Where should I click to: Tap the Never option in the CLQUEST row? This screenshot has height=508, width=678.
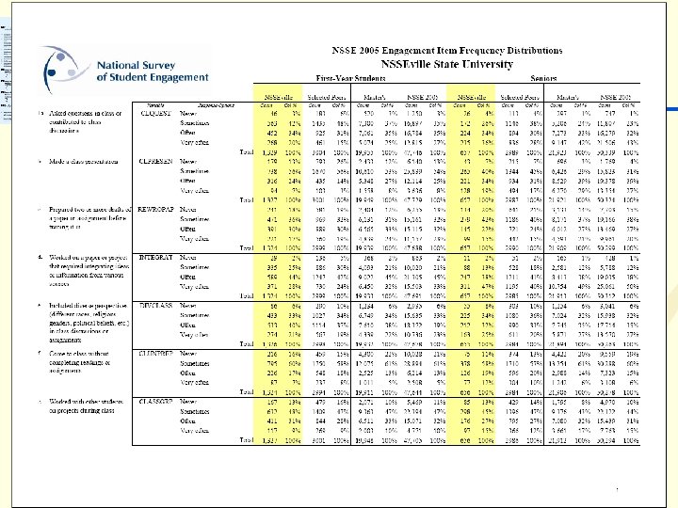(x=188, y=115)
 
